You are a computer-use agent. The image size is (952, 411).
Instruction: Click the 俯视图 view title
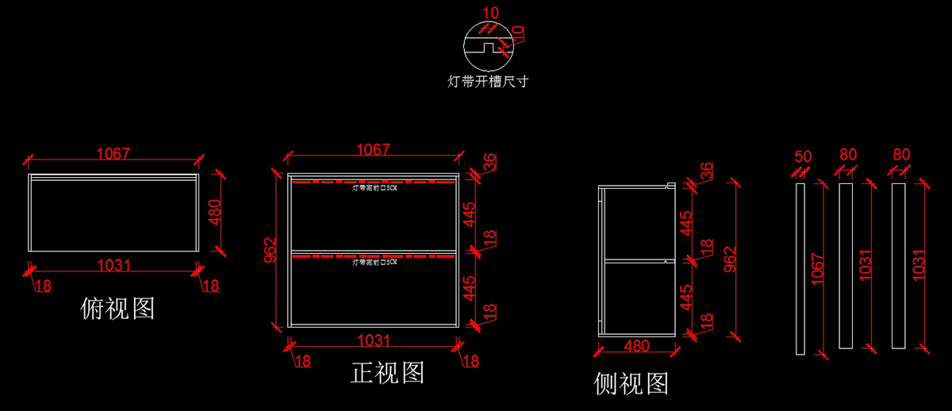coord(117,308)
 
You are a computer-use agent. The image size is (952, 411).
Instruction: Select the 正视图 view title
coord(387,372)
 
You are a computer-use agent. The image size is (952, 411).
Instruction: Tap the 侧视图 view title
coord(631,384)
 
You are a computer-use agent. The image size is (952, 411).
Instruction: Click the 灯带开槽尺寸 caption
coord(489,81)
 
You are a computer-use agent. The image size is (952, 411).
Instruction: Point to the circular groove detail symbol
coord(488,46)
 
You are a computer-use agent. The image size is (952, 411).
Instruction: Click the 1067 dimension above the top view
coord(113,153)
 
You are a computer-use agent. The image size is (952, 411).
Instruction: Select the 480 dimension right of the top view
coord(214,213)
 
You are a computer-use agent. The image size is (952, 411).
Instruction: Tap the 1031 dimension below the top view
coord(113,265)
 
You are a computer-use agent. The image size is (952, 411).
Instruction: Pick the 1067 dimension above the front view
coord(373,149)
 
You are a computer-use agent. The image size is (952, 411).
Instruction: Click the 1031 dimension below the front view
coord(373,340)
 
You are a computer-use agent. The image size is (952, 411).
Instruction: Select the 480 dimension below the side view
coord(637,346)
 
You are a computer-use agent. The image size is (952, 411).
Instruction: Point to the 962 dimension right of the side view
coord(731,260)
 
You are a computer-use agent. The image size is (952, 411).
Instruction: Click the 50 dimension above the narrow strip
coord(803,156)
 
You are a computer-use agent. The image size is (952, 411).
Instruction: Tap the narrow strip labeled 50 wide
coord(800,267)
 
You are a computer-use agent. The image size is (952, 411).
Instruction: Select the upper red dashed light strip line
coord(373,182)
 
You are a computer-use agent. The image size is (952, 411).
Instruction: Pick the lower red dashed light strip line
coord(373,256)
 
